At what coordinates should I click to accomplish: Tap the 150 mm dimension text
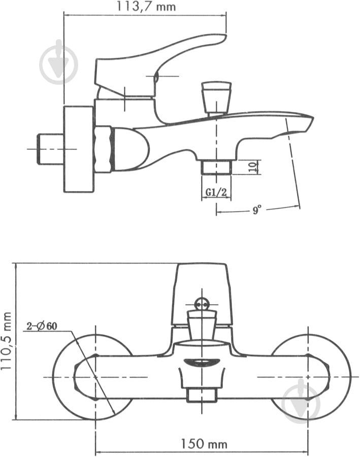click(x=203, y=443)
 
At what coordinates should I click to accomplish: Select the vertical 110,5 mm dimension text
click(x=7, y=341)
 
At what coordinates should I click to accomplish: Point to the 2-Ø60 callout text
click(x=42, y=326)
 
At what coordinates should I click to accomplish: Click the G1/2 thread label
click(x=216, y=192)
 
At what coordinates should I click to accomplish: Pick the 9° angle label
click(x=257, y=209)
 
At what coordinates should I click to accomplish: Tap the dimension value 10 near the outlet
click(x=252, y=167)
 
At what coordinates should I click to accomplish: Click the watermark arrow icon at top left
click(x=59, y=62)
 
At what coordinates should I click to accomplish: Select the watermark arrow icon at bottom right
click(x=302, y=399)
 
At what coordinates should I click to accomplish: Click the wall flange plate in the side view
click(x=79, y=149)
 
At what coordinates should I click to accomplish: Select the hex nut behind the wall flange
click(x=103, y=149)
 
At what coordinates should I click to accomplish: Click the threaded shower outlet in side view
click(x=216, y=167)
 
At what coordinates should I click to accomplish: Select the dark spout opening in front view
click(x=203, y=362)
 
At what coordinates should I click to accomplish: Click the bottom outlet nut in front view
click(x=203, y=395)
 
